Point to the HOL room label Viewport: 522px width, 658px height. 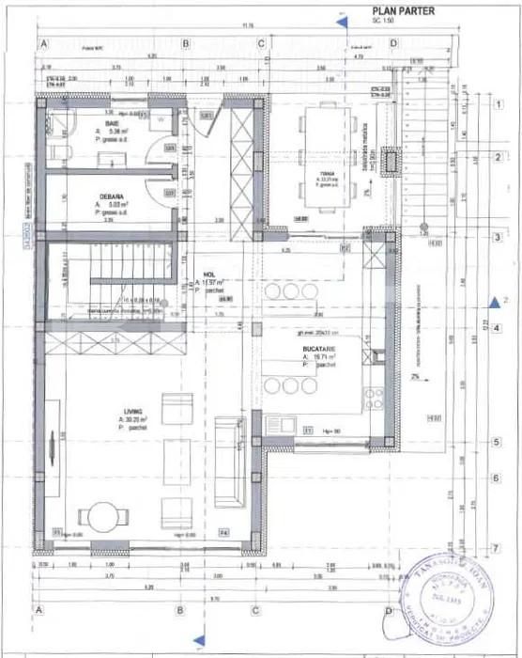210,275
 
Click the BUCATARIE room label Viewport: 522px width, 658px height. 320,348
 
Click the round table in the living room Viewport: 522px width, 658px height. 100,516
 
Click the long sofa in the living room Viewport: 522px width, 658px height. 226,461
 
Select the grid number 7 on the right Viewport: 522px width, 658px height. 495,547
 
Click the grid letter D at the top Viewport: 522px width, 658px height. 394,44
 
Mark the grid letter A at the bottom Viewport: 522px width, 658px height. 40,610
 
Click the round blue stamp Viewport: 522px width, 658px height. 443,595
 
